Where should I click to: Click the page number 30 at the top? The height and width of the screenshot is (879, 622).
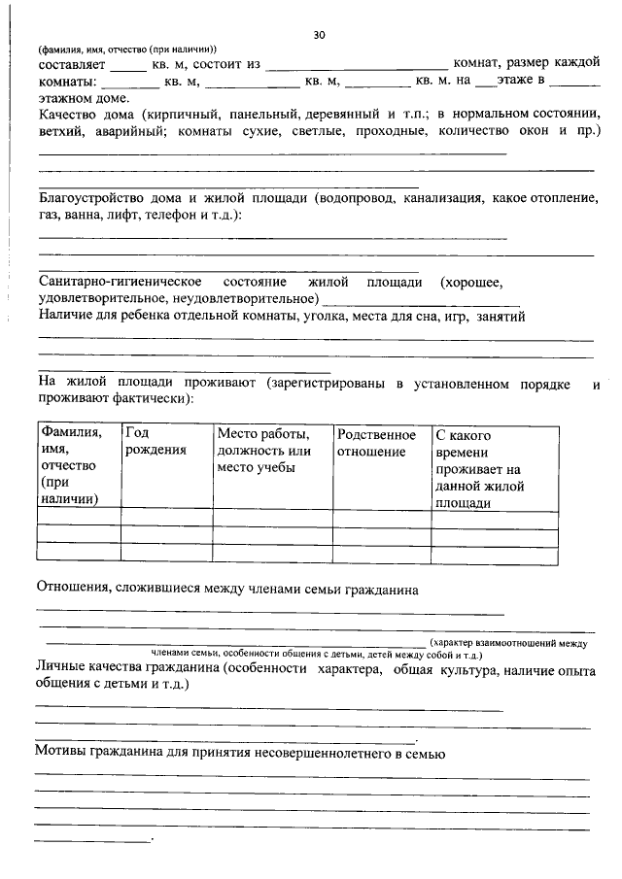(x=319, y=35)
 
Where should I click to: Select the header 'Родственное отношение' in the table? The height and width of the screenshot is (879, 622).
(x=376, y=443)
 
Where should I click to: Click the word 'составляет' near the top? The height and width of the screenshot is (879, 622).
(x=71, y=63)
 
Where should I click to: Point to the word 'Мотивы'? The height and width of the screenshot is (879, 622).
(x=61, y=754)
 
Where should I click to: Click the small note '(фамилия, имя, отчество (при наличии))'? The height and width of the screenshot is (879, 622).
(x=127, y=50)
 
